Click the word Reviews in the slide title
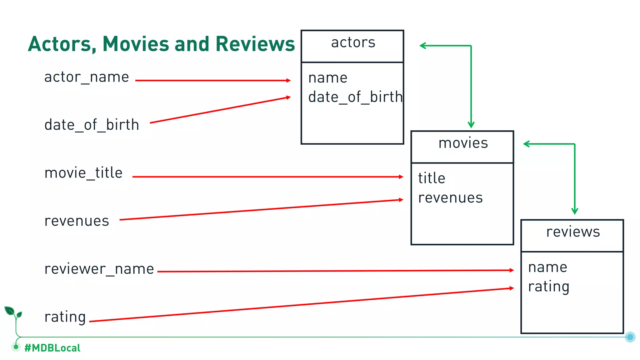[255, 44]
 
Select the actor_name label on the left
[87, 77]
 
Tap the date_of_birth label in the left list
[92, 125]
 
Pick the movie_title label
[83, 173]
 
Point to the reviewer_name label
[99, 269]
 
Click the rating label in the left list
[65, 317]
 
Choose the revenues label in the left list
[77, 221]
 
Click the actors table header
[353, 43]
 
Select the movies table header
[463, 143]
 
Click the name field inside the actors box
[327, 78]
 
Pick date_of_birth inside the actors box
[355, 97]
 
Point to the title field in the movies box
[432, 178]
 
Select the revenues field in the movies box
[450, 198]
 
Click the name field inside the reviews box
[547, 267]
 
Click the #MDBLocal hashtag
[52, 348]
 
